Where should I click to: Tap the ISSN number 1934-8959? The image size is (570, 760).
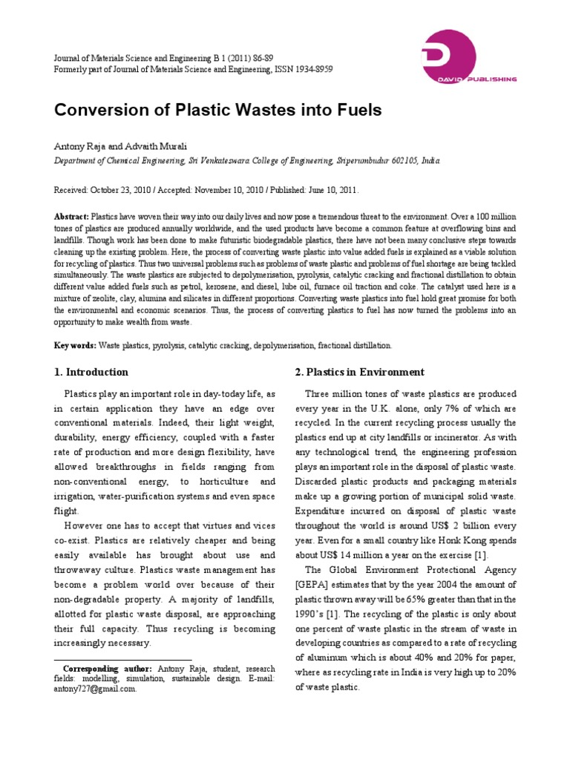[x=312, y=69]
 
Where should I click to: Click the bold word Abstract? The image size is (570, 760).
[x=71, y=212]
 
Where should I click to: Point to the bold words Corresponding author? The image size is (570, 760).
[x=108, y=669]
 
